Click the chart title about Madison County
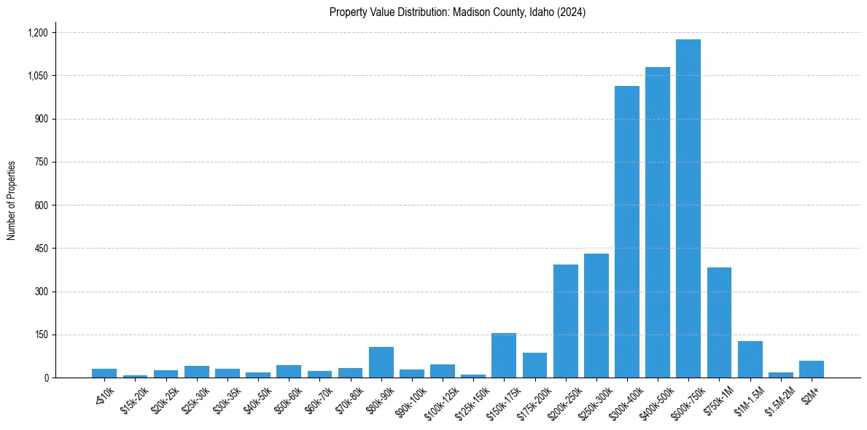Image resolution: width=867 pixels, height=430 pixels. pyautogui.click(x=457, y=12)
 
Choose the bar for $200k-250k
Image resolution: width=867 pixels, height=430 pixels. pyautogui.click(x=565, y=321)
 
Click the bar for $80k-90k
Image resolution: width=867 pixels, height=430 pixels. pyautogui.click(x=381, y=362)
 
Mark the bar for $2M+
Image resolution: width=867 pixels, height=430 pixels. pyautogui.click(x=811, y=369)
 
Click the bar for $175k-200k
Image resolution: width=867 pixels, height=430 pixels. pyautogui.click(x=534, y=365)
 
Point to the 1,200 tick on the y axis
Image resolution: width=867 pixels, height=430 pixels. pyautogui.click(x=37, y=33)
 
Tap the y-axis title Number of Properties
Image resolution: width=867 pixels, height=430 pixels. pyautogui.click(x=12, y=200)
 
